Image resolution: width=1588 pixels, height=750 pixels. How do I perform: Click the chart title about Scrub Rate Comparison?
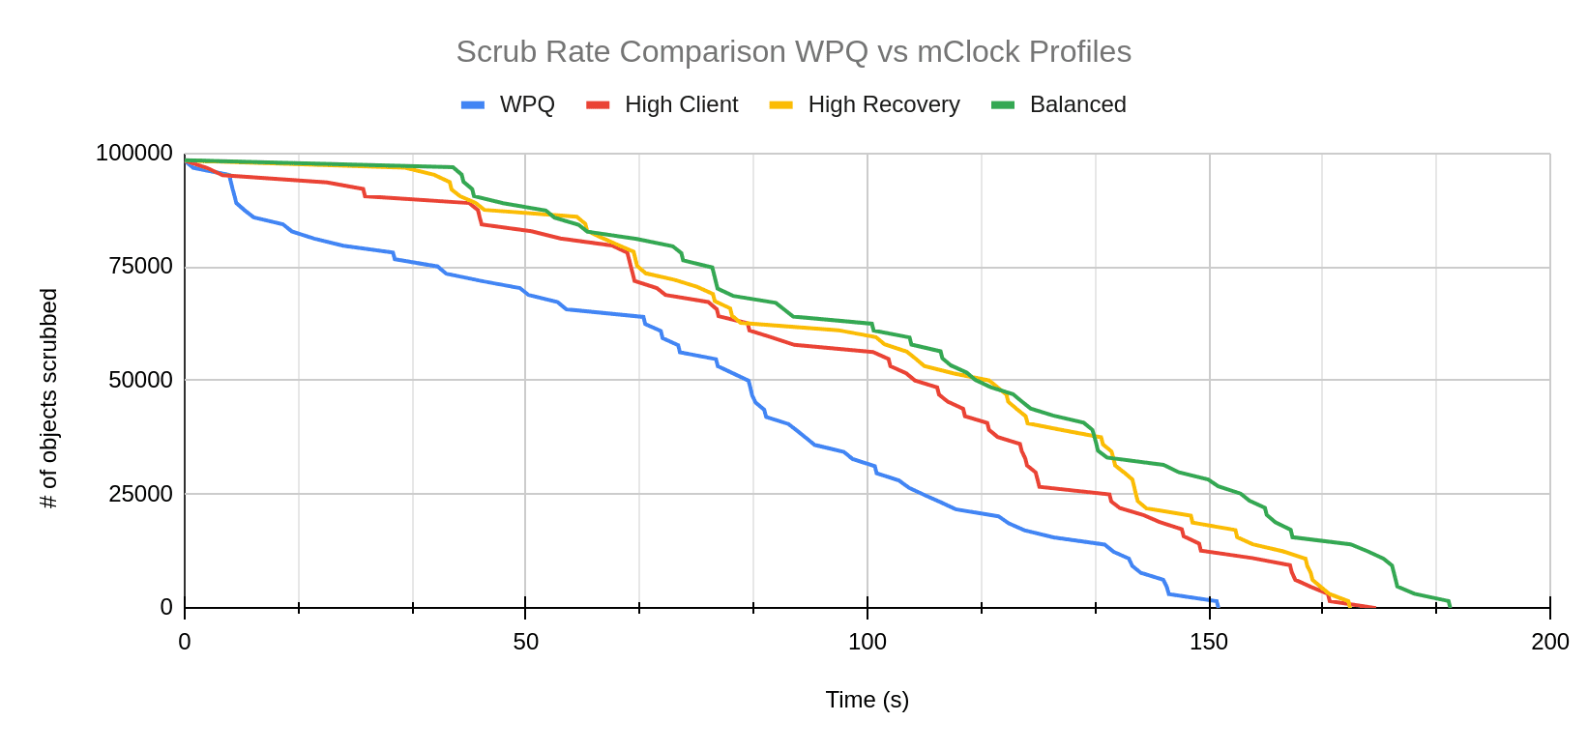point(793,51)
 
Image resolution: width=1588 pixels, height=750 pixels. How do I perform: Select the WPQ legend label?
point(527,104)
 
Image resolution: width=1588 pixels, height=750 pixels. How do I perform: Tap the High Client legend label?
point(681,104)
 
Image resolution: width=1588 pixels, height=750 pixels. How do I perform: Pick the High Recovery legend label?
point(884,104)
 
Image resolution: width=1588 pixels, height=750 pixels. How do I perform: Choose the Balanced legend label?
point(1077,104)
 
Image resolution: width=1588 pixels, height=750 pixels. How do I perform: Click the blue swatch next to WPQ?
point(473,104)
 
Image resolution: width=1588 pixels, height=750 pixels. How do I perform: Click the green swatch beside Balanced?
point(1003,104)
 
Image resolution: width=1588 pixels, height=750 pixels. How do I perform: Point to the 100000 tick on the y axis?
point(134,153)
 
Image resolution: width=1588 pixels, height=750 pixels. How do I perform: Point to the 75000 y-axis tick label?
point(141,267)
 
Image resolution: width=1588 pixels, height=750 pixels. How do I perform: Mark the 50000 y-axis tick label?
point(141,380)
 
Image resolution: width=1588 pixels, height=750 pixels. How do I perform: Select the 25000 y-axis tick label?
point(141,494)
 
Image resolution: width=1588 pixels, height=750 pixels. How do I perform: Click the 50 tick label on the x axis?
point(525,642)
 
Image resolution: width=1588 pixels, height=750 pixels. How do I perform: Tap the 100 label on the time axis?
point(868,642)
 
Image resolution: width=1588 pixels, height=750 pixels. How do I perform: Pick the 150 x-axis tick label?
point(1209,642)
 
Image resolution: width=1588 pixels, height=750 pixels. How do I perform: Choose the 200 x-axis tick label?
point(1550,642)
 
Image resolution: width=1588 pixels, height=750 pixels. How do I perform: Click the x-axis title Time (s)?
point(867,700)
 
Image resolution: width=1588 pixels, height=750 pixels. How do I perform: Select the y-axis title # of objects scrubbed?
point(49,398)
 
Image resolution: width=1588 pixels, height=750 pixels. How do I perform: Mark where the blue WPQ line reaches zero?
point(1218,606)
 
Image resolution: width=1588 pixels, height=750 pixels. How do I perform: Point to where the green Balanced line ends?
point(1450,606)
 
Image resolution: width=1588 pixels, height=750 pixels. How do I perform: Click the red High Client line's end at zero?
point(1375,607)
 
